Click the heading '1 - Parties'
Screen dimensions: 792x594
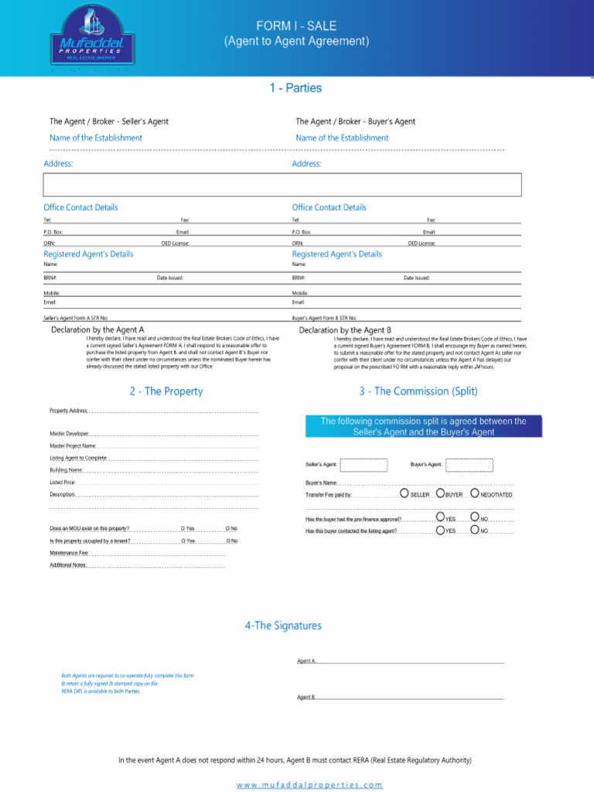[x=295, y=88]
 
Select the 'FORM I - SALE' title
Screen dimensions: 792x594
[x=296, y=26]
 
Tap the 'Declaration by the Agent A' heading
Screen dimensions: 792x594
[x=97, y=329]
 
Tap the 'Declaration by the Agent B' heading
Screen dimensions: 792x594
[x=345, y=329]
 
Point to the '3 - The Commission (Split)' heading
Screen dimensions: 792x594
[x=418, y=391]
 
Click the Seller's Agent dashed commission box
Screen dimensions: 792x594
[x=364, y=464]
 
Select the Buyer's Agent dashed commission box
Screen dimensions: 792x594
[x=469, y=464]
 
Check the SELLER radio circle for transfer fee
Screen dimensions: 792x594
[x=405, y=493]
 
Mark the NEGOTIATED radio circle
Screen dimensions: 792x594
[x=474, y=493]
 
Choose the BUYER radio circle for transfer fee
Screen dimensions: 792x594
[x=440, y=493]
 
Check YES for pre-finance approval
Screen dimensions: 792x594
[x=440, y=517]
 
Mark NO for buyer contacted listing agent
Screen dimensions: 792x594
[x=474, y=531]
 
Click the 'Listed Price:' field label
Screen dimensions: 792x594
[x=63, y=482]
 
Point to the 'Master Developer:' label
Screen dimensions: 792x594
[x=70, y=433]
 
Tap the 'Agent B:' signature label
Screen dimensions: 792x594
[x=306, y=697]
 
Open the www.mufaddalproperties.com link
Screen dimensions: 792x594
[x=309, y=785]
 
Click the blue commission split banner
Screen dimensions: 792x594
[x=424, y=427]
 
